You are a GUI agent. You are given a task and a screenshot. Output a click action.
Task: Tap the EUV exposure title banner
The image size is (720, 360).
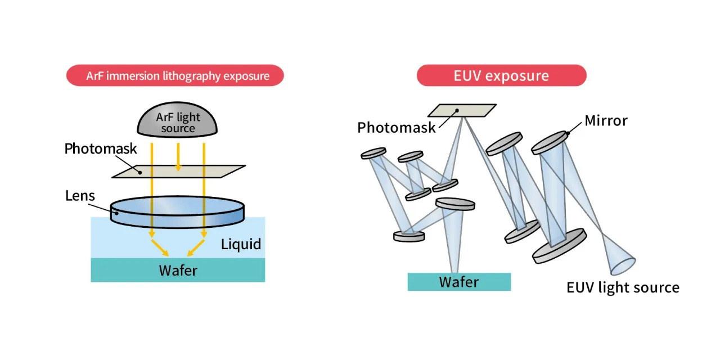tap(501, 75)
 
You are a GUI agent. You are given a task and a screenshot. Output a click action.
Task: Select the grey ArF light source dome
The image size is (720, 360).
tap(178, 121)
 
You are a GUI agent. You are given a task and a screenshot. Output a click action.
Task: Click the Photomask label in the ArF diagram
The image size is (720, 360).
tap(101, 149)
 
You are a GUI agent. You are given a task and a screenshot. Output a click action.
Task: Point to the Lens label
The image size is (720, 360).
tap(80, 196)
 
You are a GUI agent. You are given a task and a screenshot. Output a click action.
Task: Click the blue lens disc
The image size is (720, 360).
tap(178, 210)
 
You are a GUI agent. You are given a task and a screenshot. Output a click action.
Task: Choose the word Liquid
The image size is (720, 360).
tap(241, 245)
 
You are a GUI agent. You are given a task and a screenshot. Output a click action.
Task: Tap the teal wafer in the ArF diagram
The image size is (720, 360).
tap(178, 270)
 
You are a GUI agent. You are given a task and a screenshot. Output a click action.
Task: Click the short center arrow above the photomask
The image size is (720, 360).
tap(178, 157)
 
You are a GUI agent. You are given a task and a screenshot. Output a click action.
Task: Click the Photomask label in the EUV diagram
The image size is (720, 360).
tap(397, 127)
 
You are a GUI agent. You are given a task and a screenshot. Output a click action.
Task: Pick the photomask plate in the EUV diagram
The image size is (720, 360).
tap(462, 110)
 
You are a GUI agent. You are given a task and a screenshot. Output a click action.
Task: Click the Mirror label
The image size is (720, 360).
tap(606, 120)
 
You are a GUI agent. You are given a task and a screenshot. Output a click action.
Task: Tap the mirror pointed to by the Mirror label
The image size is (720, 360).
tap(550, 142)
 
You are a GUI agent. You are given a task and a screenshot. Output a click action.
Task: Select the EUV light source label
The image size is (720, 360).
tap(623, 287)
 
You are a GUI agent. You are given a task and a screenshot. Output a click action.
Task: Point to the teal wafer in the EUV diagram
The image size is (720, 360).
tap(459, 281)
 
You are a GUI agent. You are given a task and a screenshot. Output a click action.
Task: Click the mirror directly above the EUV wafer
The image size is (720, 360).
tap(455, 204)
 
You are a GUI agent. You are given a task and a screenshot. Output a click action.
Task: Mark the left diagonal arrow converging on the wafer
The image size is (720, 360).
tap(160, 247)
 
